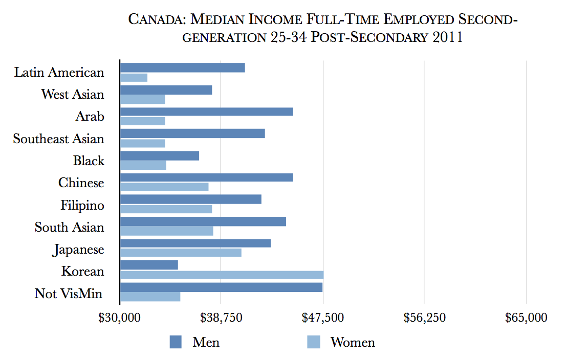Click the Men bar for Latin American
(182, 67)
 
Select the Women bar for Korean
(222, 275)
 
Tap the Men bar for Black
(159, 156)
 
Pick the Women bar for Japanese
(181, 253)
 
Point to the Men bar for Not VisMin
(221, 287)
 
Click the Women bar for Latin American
(134, 77)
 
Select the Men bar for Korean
(149, 265)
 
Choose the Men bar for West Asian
(166, 90)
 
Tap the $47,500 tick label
(323, 318)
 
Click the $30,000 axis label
(120, 318)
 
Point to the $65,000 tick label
(526, 318)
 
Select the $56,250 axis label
(424, 318)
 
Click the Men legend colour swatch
(176, 342)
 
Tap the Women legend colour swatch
(314, 342)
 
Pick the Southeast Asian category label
(59, 139)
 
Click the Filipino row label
(82, 205)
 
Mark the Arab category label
(90, 117)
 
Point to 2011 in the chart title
(446, 38)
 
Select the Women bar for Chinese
(164, 187)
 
